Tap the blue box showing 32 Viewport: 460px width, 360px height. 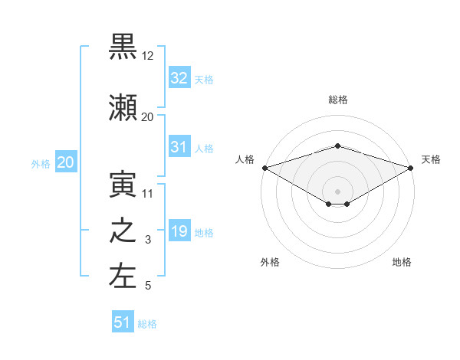[x=179, y=78]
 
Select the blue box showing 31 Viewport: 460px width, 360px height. [x=179, y=147]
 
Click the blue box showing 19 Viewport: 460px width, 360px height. [x=179, y=231]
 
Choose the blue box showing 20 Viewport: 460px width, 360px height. [x=66, y=162]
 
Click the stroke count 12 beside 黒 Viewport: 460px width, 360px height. [x=148, y=56]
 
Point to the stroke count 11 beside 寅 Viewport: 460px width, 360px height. [x=148, y=193]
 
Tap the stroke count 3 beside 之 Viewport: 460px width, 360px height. [x=148, y=241]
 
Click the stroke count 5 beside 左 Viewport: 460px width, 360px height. [x=148, y=286]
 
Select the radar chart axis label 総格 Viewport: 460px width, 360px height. [x=337, y=100]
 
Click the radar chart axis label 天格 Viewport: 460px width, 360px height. [x=432, y=159]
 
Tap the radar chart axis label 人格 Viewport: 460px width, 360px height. [x=245, y=159]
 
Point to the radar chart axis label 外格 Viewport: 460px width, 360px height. [x=270, y=262]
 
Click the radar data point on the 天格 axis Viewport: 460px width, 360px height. [x=412, y=168]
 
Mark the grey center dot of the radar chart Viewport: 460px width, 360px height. [x=337, y=191]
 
